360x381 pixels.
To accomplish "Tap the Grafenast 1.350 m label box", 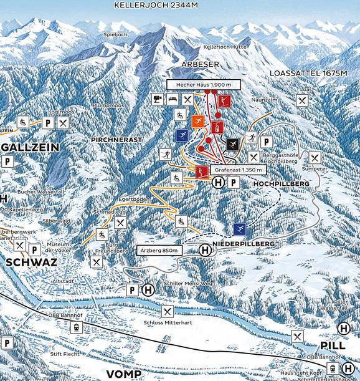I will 237,169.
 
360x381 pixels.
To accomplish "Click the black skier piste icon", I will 233,145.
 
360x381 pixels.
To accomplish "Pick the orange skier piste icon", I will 197,121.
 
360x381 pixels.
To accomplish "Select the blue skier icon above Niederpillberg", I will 240,229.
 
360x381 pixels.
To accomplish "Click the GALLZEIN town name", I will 30,147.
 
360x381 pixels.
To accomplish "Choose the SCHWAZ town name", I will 31,263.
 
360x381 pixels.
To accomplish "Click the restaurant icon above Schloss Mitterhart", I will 167,311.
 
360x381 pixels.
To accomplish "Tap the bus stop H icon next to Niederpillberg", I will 204,250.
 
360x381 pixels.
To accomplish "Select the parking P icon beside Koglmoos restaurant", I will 48,123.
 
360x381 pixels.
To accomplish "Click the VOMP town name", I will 123,374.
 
